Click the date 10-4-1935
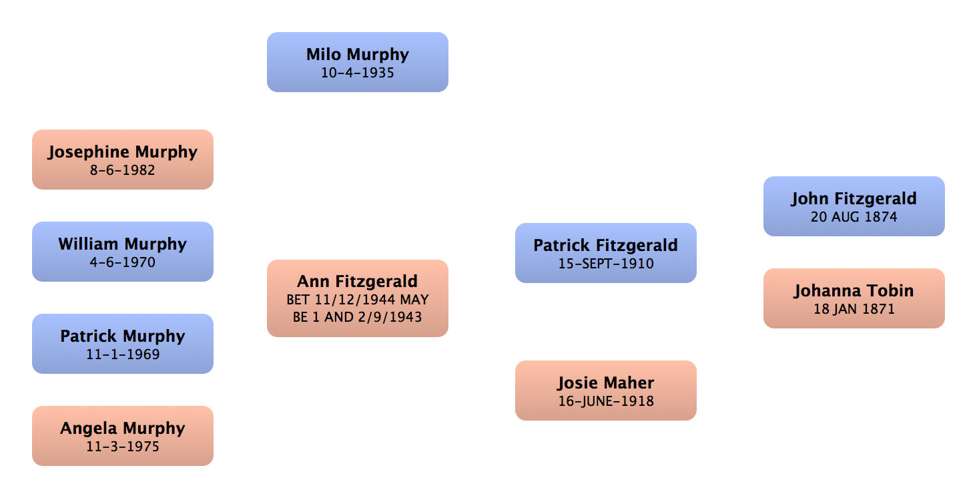(x=358, y=73)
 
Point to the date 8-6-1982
(x=123, y=170)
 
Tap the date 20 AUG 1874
(x=854, y=217)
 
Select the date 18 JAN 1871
(x=854, y=309)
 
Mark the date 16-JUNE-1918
(x=605, y=401)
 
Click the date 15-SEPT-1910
(x=605, y=264)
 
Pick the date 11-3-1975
(x=123, y=446)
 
